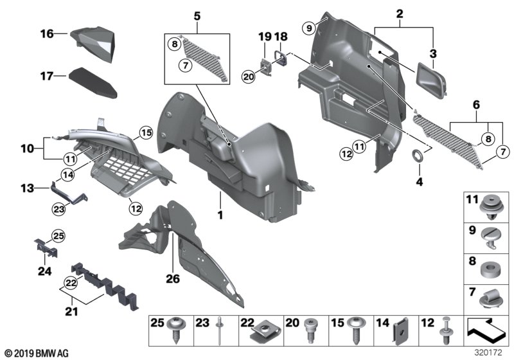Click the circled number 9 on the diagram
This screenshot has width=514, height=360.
(309, 28)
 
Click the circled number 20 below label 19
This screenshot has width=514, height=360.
(249, 76)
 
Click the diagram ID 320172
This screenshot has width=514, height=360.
(492, 352)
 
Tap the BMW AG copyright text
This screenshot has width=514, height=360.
(35, 353)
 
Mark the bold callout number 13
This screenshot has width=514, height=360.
(26, 188)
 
